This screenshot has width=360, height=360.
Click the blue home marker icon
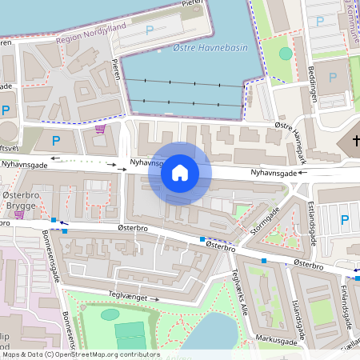pos(180,173)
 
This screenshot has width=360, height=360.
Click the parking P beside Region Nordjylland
pos(149,30)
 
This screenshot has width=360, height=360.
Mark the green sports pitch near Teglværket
pos(129,334)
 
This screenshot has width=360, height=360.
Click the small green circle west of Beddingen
pos(286,54)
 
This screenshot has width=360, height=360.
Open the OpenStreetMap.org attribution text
pos(80,354)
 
